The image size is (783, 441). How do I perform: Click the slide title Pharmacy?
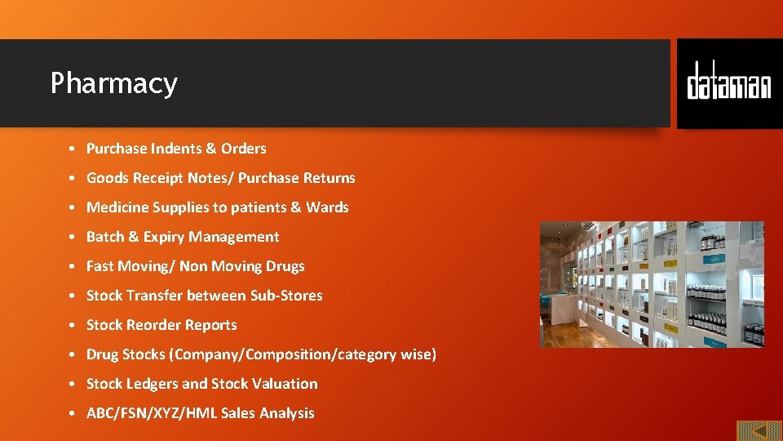pyautogui.click(x=113, y=83)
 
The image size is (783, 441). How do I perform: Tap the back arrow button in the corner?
pyautogui.click(x=759, y=430)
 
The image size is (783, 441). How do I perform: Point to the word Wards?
pyautogui.click(x=327, y=207)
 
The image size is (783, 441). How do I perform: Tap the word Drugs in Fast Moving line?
pyautogui.click(x=285, y=266)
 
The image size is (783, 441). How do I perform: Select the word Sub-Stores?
pyautogui.click(x=287, y=296)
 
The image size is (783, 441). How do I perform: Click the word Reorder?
pyautogui.click(x=154, y=325)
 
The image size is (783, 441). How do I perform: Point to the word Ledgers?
pyautogui.click(x=152, y=384)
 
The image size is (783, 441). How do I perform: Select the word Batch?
pyautogui.click(x=105, y=237)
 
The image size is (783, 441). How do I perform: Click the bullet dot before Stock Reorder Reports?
pyautogui.click(x=73, y=325)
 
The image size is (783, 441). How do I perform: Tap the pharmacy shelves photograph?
pyautogui.click(x=652, y=284)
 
